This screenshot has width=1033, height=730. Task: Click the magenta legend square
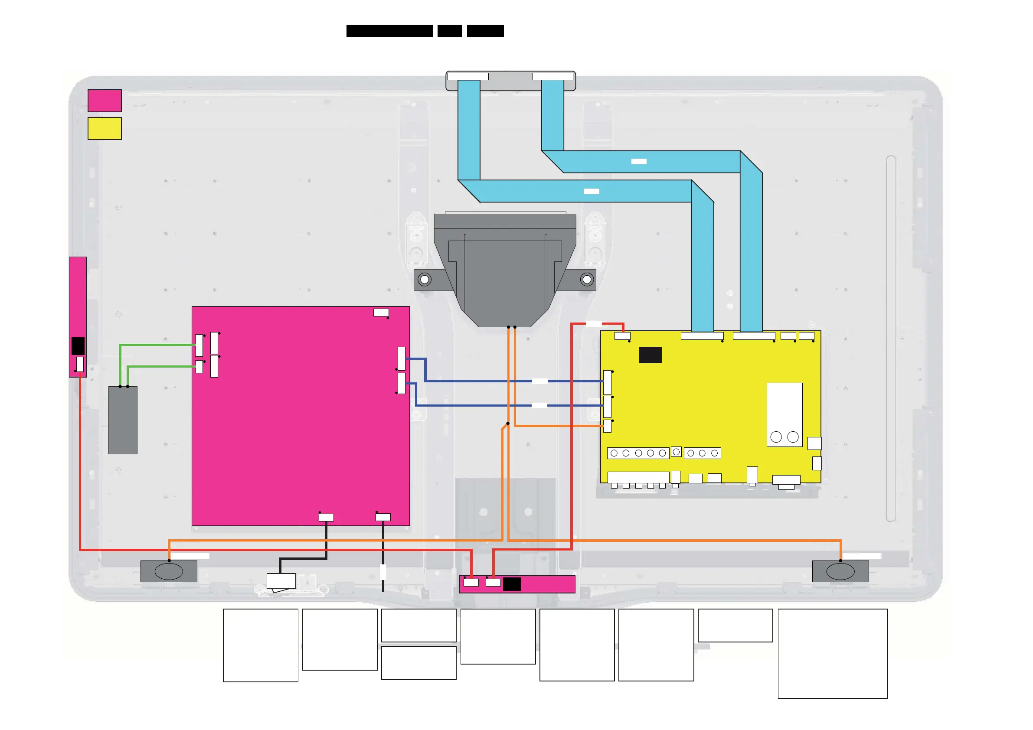point(105,100)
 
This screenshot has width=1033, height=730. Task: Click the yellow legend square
point(105,128)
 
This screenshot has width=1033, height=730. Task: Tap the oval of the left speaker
point(169,571)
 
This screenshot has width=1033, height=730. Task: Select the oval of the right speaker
point(840,571)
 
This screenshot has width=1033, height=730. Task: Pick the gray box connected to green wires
point(123,420)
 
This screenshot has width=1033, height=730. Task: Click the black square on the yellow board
point(650,355)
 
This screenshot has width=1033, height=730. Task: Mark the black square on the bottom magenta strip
point(512,584)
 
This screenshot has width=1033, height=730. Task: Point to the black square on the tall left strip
point(78,346)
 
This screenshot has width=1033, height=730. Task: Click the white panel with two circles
point(784,415)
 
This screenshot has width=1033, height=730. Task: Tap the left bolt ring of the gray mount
point(424,280)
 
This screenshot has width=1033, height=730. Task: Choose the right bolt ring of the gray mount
point(587,280)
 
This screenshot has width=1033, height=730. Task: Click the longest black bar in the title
point(389,31)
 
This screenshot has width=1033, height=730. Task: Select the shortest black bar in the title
point(449,31)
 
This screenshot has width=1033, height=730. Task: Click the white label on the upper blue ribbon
point(638,161)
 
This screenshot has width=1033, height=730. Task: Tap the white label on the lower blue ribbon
point(591,192)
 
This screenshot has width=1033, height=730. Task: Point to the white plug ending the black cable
point(281,581)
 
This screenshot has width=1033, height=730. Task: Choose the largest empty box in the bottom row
point(832,654)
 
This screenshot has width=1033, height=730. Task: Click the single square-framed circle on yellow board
point(676,452)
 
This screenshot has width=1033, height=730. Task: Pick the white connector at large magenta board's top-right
point(381,313)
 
